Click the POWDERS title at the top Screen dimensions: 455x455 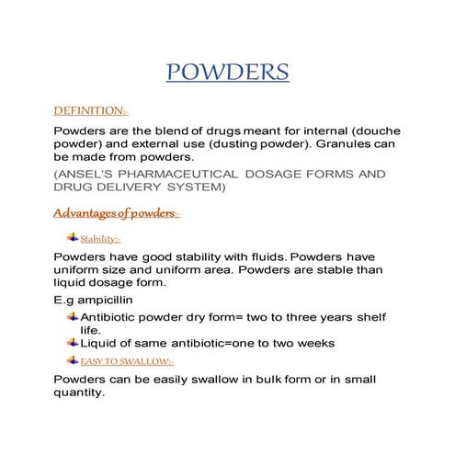tap(228, 73)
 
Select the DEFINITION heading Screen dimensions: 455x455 tap(91, 110)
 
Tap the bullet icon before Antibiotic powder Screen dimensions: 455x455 tap(74, 316)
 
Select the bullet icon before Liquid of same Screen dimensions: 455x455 tap(74, 343)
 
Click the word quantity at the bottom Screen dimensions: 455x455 tap(80, 392)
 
